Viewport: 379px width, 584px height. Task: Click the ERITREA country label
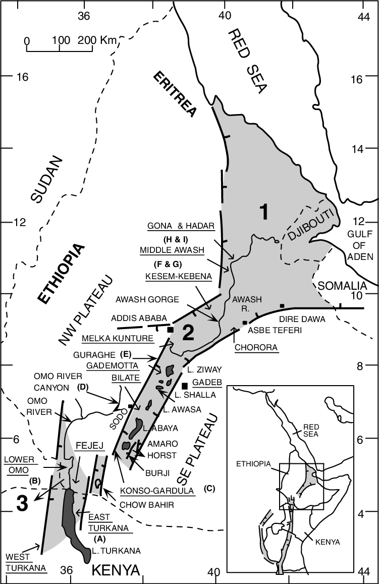175,94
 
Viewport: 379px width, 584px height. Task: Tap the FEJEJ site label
88,446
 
